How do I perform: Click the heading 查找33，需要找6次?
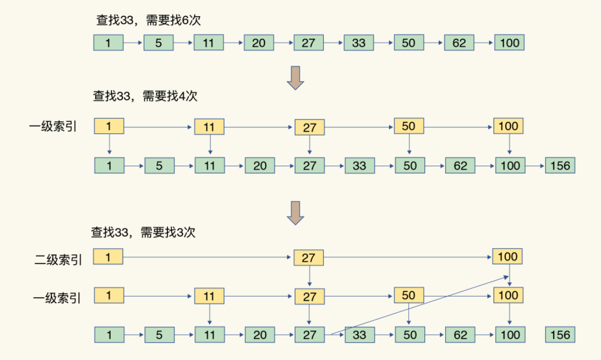(x=148, y=20)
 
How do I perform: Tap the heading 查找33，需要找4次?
(x=145, y=96)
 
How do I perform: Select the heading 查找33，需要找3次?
(x=143, y=232)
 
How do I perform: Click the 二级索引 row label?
(x=58, y=260)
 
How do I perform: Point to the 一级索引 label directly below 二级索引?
(x=57, y=298)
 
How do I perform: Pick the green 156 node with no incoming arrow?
(x=560, y=335)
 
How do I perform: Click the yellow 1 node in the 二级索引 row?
(x=108, y=257)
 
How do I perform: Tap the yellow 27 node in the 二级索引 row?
(x=308, y=258)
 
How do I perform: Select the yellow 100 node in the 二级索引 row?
(x=507, y=257)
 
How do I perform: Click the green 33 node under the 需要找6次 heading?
(x=359, y=43)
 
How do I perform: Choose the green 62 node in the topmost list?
(x=459, y=43)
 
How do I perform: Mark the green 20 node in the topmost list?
(x=259, y=43)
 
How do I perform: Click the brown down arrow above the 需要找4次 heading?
(x=296, y=78)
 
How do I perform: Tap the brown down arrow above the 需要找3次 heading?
(x=296, y=213)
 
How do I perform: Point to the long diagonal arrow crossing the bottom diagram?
(x=419, y=305)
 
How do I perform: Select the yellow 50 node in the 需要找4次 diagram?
(x=409, y=126)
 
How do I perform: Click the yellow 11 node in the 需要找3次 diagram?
(x=209, y=296)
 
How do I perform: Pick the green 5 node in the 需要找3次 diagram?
(x=159, y=335)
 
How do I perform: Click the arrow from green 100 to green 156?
(x=535, y=166)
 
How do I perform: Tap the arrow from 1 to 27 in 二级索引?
(x=207, y=257)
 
